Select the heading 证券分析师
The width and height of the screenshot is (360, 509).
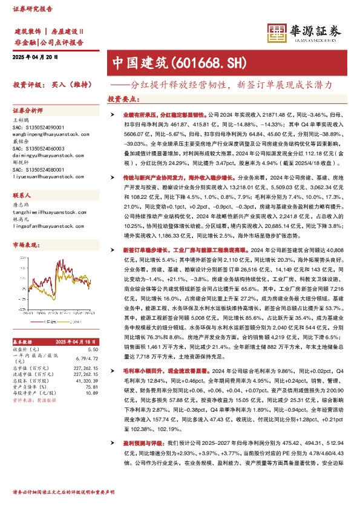(28, 111)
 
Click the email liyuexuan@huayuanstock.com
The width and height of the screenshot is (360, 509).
(45, 177)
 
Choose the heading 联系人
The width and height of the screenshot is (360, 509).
(24, 196)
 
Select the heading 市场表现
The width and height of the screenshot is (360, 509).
(25, 245)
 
